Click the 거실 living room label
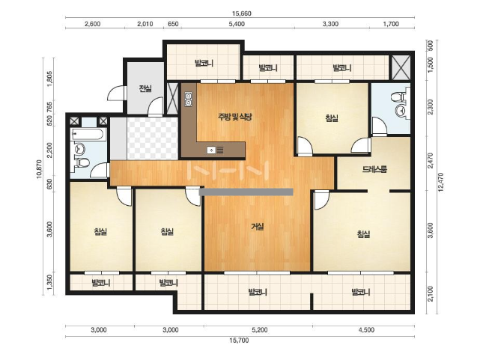point(258,227)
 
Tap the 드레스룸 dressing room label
point(374,169)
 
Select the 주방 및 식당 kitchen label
point(235,117)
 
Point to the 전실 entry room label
point(145,88)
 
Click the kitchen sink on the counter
point(211,150)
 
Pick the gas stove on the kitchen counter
point(188,99)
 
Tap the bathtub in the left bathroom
point(87,133)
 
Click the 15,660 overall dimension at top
point(242,13)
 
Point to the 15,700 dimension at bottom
point(239,341)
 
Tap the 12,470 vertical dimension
point(441,182)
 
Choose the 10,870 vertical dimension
point(39,169)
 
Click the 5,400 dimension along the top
point(237,24)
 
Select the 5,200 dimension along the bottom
point(260,330)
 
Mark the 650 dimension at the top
point(173,24)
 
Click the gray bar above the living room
point(246,192)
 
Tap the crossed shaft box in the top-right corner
point(401,67)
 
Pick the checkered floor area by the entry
point(153,138)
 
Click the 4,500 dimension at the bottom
point(366,330)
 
